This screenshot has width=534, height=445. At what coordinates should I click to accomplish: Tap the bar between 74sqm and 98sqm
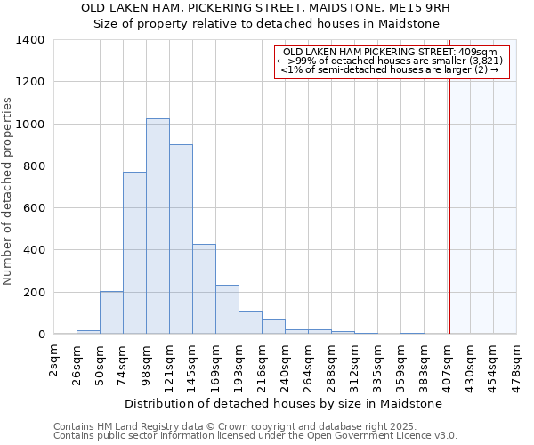click(x=134, y=253)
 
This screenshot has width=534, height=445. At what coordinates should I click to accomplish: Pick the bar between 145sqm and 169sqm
click(x=204, y=289)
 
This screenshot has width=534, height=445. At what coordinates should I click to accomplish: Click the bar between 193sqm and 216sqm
click(x=250, y=322)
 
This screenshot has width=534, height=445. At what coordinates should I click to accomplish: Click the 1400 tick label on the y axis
click(x=30, y=40)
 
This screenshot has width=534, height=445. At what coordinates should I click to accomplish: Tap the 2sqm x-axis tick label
click(x=53, y=361)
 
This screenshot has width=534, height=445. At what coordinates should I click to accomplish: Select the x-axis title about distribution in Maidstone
click(x=283, y=403)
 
